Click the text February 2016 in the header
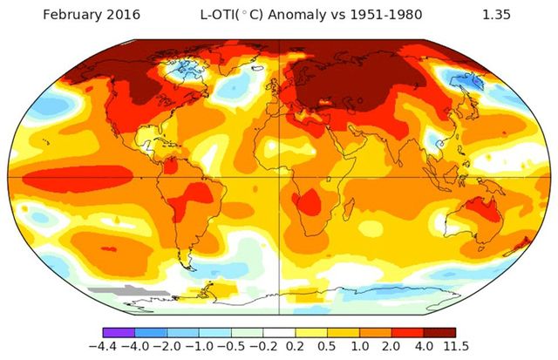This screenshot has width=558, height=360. [75, 15]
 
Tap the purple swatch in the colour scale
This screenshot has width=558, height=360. [119, 331]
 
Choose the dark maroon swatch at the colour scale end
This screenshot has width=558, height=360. [439, 331]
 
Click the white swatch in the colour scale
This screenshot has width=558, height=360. [279, 331]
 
